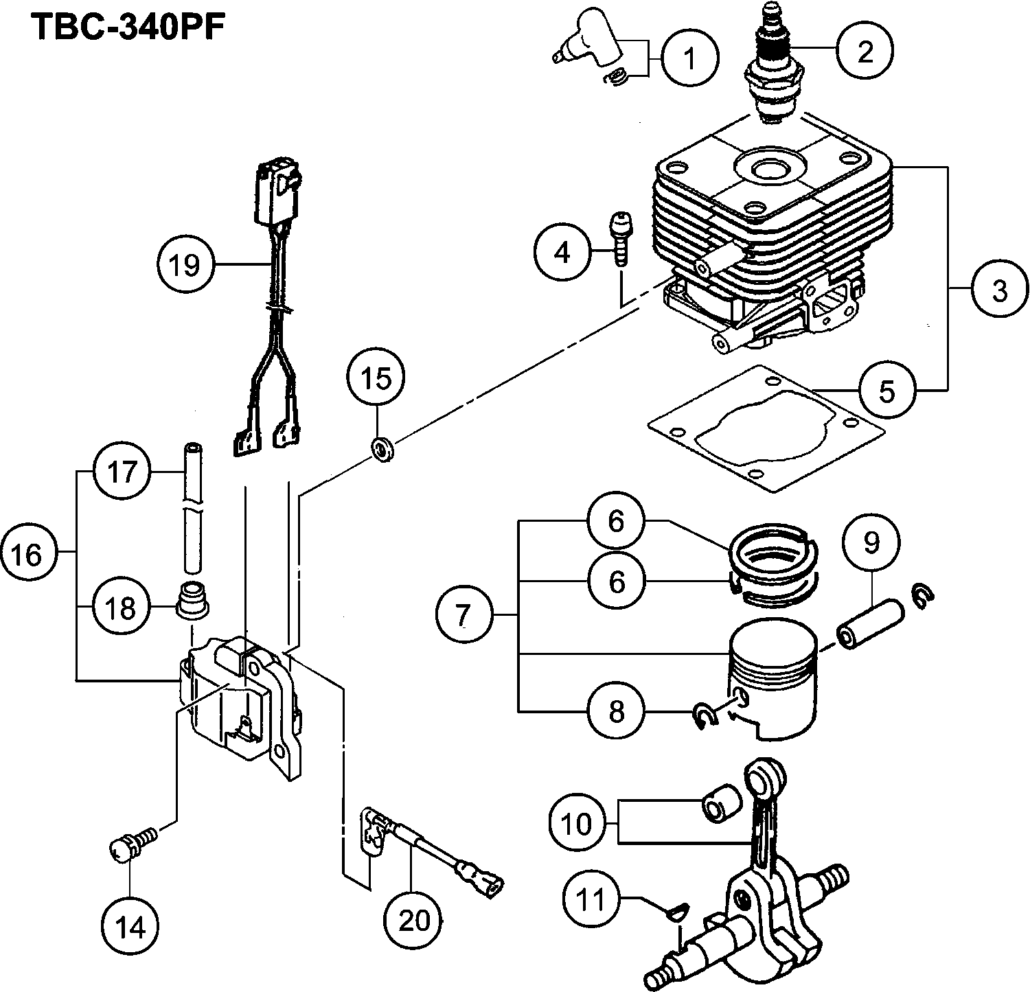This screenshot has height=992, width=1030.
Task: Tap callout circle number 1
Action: click(690, 59)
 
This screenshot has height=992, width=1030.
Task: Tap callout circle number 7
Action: click(464, 614)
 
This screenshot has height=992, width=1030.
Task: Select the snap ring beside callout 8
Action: click(703, 715)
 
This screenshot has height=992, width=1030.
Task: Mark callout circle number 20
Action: click(413, 920)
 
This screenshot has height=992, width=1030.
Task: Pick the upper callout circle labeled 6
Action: click(616, 521)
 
